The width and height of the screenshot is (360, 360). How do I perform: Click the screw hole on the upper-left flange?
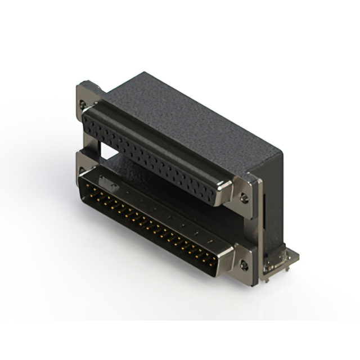click(84, 104)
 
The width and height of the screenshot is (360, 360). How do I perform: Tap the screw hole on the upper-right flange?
click(244, 197)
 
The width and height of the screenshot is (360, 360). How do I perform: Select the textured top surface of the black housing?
click(186, 112)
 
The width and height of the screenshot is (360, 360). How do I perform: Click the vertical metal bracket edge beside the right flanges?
click(258, 225)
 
